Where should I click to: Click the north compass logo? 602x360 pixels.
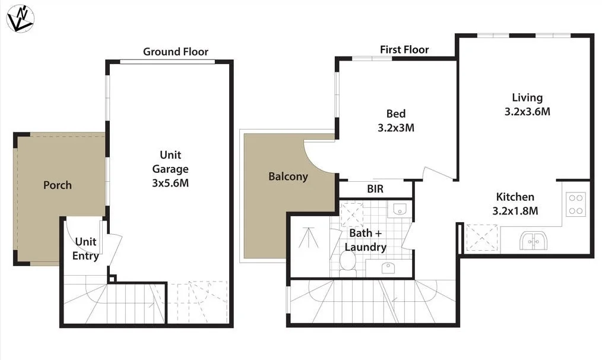pyautogui.click(x=20, y=18)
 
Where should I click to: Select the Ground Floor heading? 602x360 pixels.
pyautogui.click(x=176, y=52)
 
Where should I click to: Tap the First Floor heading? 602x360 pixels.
pyautogui.click(x=404, y=49)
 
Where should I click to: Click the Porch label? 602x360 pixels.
pyautogui.click(x=58, y=185)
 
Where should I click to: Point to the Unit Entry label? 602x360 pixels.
pyautogui.click(x=86, y=249)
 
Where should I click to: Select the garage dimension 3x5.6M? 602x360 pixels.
pyautogui.click(x=170, y=183)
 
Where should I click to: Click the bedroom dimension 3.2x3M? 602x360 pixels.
pyautogui.click(x=395, y=128)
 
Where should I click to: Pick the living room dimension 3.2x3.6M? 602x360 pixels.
pyautogui.click(x=527, y=111)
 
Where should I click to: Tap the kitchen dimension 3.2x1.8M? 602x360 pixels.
pyautogui.click(x=515, y=210)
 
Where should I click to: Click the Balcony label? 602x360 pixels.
pyautogui.click(x=288, y=176)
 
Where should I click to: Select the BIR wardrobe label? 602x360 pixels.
pyautogui.click(x=375, y=190)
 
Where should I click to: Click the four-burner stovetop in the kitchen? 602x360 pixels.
pyautogui.click(x=575, y=204)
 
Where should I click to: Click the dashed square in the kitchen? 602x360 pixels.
pyautogui.click(x=481, y=238)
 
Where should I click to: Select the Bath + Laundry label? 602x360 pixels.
pyautogui.click(x=365, y=240)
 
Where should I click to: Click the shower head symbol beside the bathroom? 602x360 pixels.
pyautogui.click(x=308, y=239)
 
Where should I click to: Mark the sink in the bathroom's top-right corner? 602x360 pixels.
pyautogui.click(x=400, y=209)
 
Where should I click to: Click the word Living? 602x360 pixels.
pyautogui.click(x=527, y=97)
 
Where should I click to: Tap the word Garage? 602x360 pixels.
pyautogui.click(x=170, y=169)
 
